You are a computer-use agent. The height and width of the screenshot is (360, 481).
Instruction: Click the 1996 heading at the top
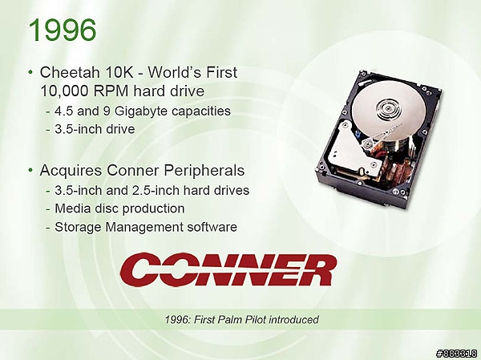tap(63, 30)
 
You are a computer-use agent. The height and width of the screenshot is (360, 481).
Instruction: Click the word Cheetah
tap(70, 72)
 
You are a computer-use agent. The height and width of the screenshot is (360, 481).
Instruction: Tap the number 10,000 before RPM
tap(64, 91)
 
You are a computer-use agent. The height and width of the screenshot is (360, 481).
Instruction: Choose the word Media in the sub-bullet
tap(71, 208)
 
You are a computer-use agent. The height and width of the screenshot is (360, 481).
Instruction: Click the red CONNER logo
tap(228, 269)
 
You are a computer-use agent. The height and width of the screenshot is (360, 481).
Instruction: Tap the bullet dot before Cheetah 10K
tap(30, 72)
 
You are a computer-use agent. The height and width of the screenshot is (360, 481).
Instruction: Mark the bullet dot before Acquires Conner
tap(30, 170)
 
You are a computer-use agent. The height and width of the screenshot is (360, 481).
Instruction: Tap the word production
tap(153, 209)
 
